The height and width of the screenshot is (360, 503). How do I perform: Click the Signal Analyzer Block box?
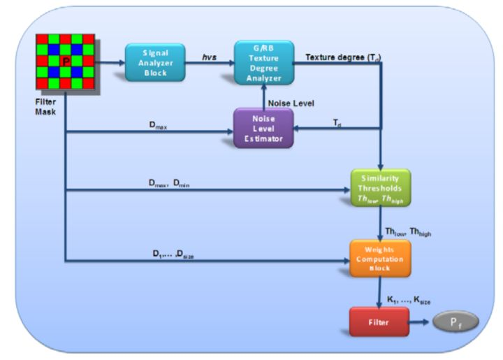(155, 62)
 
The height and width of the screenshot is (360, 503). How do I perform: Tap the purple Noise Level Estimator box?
(263, 127)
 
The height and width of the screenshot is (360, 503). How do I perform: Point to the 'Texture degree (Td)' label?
(343, 55)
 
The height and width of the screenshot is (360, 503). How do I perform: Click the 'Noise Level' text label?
(291, 103)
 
